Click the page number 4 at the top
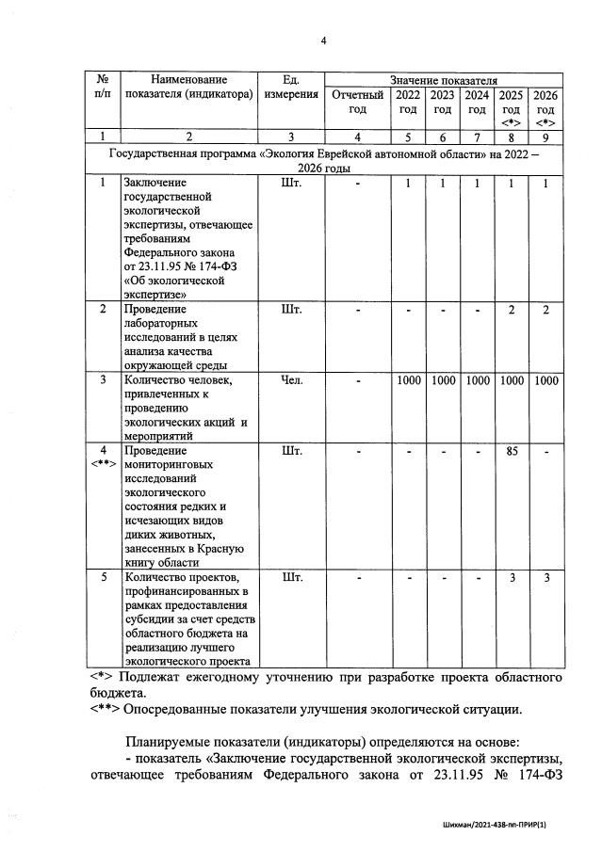click(323, 41)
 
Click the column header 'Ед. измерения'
click(290, 88)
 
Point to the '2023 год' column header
click(442, 102)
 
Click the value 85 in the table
click(511, 451)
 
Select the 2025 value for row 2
click(511, 310)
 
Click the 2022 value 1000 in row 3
click(408, 380)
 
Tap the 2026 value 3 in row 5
click(545, 578)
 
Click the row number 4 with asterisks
click(103, 457)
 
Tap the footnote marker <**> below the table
click(106, 709)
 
